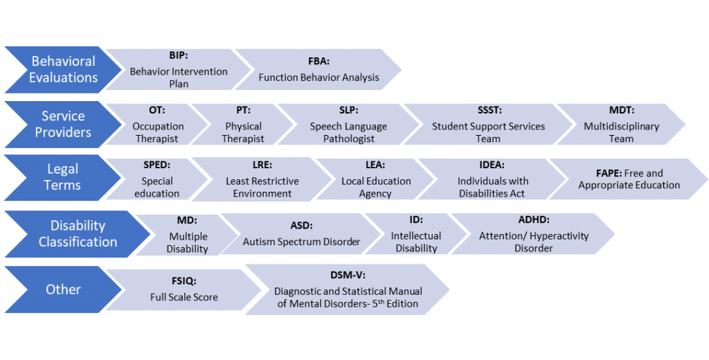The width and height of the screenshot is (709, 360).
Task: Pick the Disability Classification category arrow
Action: coord(76,233)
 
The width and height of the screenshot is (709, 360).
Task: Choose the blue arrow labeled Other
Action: coord(62,289)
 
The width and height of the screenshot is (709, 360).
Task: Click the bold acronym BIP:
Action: coord(179,55)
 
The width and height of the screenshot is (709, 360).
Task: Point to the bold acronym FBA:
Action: coord(318,61)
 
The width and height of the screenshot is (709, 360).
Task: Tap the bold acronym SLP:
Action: coord(348,110)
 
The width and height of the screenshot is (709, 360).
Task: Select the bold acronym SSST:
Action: coord(488,110)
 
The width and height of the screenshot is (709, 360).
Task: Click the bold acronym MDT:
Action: coord(621,110)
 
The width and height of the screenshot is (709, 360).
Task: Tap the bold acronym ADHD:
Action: coord(533,219)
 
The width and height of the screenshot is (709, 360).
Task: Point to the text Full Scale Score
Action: coord(183,297)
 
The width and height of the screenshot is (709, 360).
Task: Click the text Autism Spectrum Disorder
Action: coord(301,242)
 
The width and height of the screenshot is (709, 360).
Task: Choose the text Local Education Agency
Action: coord(376,187)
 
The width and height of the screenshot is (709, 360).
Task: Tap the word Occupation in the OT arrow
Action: coord(158,126)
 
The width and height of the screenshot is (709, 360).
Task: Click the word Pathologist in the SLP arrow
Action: coord(348,138)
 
